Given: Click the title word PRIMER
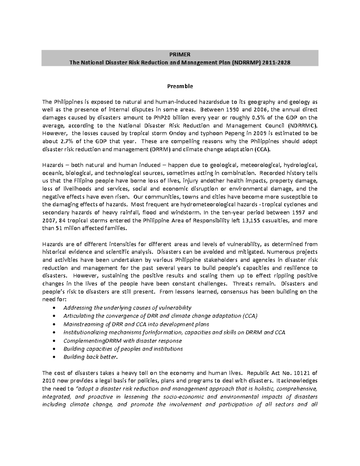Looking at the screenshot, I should coord(180,55).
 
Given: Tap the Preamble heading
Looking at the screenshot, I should coord(180,86).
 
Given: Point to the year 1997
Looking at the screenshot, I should coord(298,213).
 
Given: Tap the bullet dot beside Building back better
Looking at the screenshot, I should coord(54,357).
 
